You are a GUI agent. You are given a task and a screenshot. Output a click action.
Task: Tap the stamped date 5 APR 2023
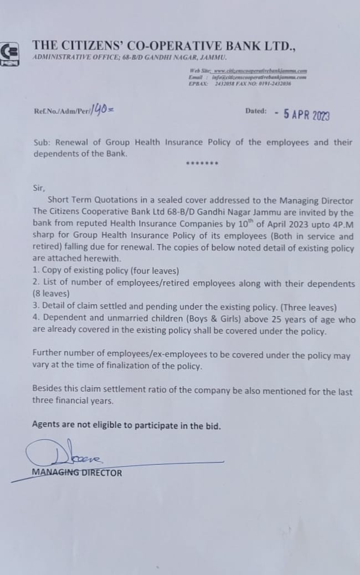[x=306, y=115]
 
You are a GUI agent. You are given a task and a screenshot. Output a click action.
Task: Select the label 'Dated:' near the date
[x=256, y=111]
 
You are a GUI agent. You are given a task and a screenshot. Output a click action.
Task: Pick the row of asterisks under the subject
[x=202, y=164]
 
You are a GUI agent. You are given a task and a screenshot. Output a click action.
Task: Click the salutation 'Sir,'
[x=39, y=188]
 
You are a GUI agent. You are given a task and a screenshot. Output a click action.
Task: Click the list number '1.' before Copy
[x=37, y=271]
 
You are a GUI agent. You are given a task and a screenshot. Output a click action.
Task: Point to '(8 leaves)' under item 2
[x=51, y=296]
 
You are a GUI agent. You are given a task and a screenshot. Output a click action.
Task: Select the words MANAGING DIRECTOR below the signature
[x=77, y=473]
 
